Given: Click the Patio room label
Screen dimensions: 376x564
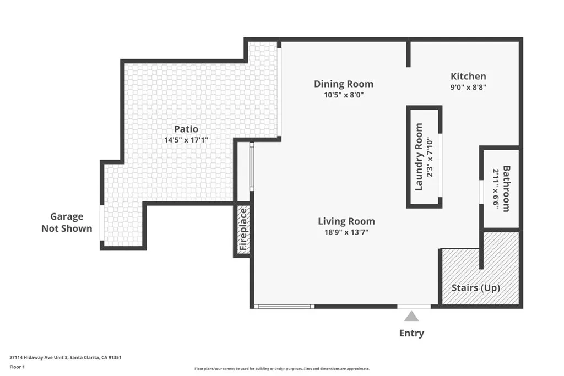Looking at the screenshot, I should pos(186,129).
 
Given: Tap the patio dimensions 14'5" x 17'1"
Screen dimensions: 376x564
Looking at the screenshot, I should pos(186,140).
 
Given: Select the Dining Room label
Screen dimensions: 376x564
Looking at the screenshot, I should pos(343,84).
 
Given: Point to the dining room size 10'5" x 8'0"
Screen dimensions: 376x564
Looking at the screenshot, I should pos(343,95).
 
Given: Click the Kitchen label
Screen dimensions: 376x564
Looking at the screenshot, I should pos(468,76).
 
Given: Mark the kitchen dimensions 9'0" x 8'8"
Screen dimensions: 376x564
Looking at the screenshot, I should pos(468,86).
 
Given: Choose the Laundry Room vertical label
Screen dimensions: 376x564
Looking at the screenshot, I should pos(419,157).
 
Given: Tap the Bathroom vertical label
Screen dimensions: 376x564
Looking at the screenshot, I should pos(506,188).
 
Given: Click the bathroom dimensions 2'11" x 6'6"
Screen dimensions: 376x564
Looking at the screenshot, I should pos(496,188).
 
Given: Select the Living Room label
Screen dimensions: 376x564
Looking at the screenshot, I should pos(346,221).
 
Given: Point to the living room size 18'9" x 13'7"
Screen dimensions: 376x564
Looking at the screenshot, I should pos(346,232).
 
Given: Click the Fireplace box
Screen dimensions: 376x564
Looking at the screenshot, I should pos(243,230).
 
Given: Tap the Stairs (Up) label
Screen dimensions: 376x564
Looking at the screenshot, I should pos(476,288).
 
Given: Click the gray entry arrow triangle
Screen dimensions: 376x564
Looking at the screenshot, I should pos(411,317).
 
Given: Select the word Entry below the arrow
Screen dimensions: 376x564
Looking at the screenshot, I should pos(411,333).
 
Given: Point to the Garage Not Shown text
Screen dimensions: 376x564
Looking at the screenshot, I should pos(67,222).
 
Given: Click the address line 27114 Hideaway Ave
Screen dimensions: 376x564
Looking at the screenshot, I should pos(65,357).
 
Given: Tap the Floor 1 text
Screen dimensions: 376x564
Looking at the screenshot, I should pos(18,366).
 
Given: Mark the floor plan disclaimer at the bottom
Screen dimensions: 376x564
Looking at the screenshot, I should pos(281,369).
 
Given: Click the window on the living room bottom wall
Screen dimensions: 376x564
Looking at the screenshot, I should pos(285,306).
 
